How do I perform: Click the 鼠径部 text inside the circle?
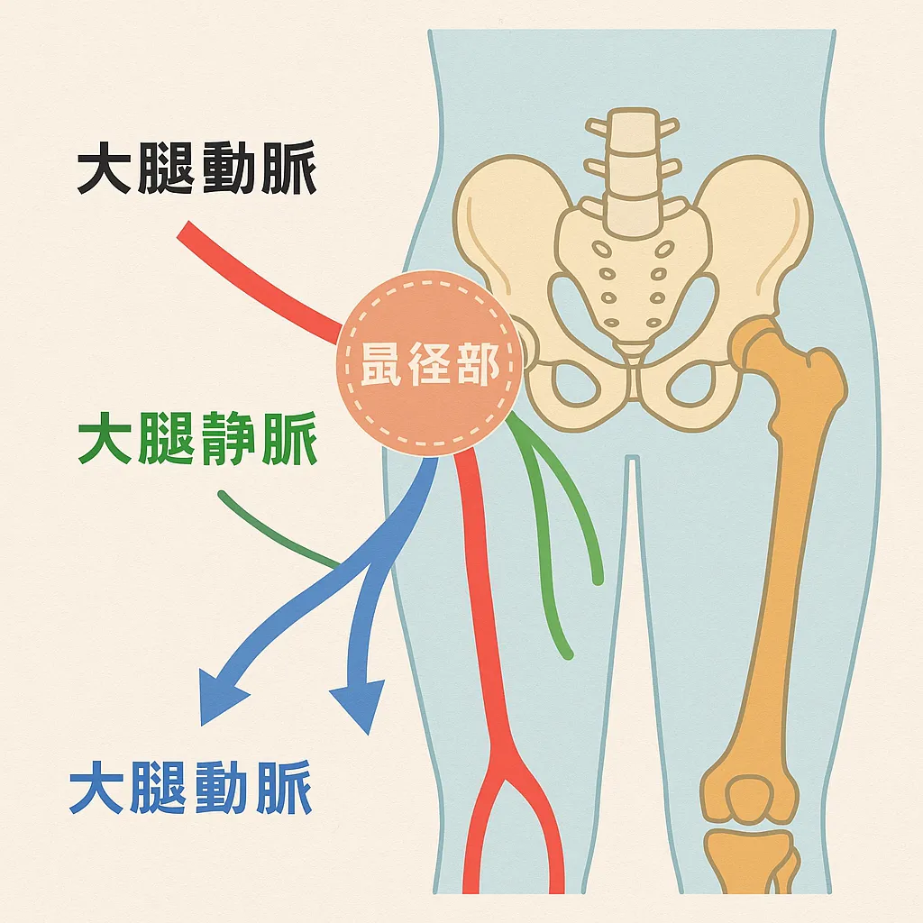click(x=429, y=367)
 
